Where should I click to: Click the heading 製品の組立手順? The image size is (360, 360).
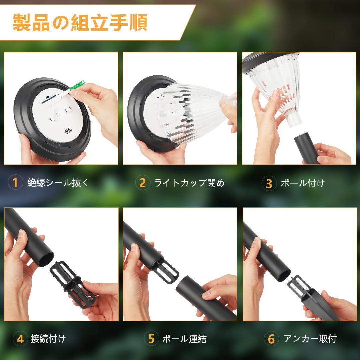[x=80, y=23]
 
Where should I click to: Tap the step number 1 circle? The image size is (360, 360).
[x=15, y=183]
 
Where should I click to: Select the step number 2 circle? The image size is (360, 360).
[x=142, y=183]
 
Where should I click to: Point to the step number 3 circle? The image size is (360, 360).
[x=269, y=183]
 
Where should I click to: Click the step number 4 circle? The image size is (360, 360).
[x=20, y=339]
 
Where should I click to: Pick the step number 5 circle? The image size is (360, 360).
[x=151, y=339]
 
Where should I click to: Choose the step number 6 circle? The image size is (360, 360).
[x=271, y=339]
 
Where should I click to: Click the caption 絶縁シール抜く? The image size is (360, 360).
[x=58, y=183]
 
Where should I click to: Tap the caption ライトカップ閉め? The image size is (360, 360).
[x=189, y=183]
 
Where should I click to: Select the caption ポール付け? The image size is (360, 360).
[x=302, y=183]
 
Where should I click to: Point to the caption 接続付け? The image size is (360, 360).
[x=48, y=339]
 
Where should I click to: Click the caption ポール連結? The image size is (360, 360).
[x=184, y=339]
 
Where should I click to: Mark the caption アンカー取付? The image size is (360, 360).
[x=310, y=339]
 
